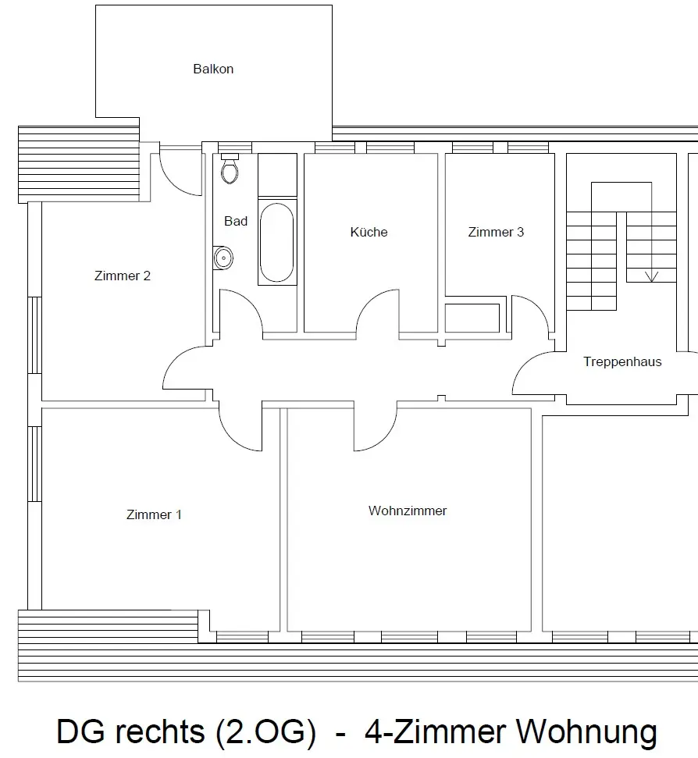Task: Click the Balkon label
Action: click(213, 69)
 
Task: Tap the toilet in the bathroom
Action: click(230, 169)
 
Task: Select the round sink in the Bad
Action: click(223, 258)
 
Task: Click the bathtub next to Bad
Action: click(277, 242)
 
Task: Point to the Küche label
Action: click(369, 232)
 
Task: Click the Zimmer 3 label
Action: click(496, 232)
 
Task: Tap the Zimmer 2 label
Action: click(123, 276)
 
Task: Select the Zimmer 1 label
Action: click(154, 515)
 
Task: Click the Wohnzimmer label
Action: click(408, 511)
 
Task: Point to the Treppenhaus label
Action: click(622, 361)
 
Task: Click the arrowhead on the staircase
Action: click(652, 276)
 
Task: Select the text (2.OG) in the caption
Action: click(266, 732)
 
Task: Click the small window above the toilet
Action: click(235, 148)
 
